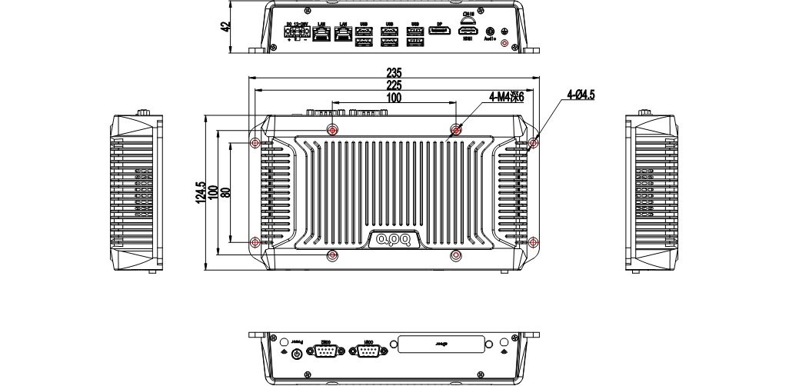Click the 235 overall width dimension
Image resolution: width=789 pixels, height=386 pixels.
tap(394, 73)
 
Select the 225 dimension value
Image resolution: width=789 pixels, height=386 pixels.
tap(394, 85)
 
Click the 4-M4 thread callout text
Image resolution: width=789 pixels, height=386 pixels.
tap(506, 97)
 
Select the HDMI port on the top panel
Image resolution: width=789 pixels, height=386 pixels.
tap(468, 32)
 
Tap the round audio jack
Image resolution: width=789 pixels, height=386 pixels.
tap(491, 32)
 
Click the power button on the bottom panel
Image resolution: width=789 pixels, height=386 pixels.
tap(298, 353)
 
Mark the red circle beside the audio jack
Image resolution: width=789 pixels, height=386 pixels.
tap(504, 44)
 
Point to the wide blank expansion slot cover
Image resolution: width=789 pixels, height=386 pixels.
tap(441, 345)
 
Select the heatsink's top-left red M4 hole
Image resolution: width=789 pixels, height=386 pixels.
tap(332, 129)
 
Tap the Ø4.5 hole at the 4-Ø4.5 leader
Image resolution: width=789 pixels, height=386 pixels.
tap(534, 142)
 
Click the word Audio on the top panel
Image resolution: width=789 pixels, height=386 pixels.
tap(491, 45)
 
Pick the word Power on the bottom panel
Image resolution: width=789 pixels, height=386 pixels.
tap(297, 340)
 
